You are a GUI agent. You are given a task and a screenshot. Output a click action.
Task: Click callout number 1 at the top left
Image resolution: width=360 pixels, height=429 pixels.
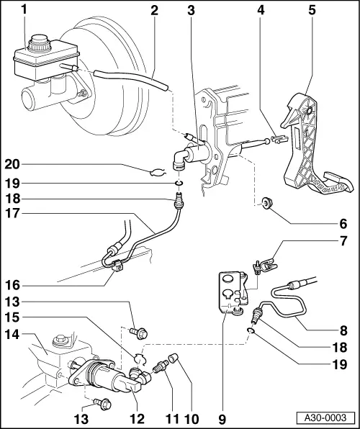[25, 10]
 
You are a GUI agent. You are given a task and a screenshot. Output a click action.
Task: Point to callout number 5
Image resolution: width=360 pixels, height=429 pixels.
[312, 10]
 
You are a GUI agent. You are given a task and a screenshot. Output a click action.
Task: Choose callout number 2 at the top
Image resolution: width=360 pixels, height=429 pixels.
[153, 10]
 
